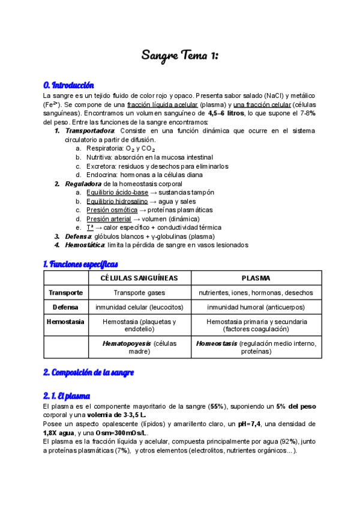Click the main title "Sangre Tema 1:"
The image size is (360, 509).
point(179,56)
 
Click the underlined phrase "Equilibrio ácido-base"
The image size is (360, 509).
point(117,192)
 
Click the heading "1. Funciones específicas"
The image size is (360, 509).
point(80,264)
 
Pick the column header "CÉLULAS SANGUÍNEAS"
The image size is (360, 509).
point(139,279)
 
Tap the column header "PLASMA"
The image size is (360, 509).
point(256,279)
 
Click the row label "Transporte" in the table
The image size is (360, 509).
point(66,293)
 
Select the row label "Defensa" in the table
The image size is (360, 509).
point(66,307)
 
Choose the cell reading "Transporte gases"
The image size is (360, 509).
point(139,293)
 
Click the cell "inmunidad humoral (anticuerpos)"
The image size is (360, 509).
point(256,307)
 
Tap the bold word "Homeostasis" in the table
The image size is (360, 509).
point(217,343)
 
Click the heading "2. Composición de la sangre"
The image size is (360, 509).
point(88,373)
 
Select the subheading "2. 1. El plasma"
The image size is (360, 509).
point(67,396)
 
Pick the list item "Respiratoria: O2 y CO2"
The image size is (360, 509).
point(121,148)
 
